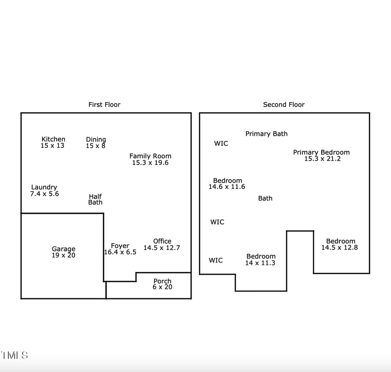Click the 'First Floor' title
point(104,104)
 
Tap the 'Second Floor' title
point(283,104)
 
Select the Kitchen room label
point(53,139)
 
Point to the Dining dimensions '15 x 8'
point(96,145)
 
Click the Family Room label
point(150,156)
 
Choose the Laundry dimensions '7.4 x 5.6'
point(44,194)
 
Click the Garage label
point(64,249)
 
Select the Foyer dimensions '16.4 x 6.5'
point(120,252)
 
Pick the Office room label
point(162,241)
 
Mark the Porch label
point(162,281)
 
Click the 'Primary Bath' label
point(266,134)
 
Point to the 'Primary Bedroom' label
point(321,152)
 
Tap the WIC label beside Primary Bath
point(221,144)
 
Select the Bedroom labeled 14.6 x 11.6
point(227,181)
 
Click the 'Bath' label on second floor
point(265,198)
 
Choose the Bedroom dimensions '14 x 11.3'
point(260,263)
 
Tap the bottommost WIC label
point(216,260)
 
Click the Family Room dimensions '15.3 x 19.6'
point(150,163)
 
